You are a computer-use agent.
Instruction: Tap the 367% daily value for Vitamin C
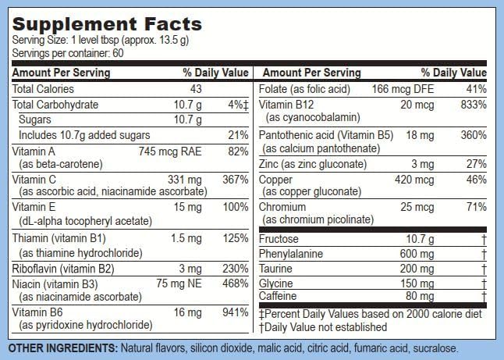[236, 179]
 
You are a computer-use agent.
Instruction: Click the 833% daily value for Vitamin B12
[473, 105]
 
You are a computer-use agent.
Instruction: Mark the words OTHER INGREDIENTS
[62, 348]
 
